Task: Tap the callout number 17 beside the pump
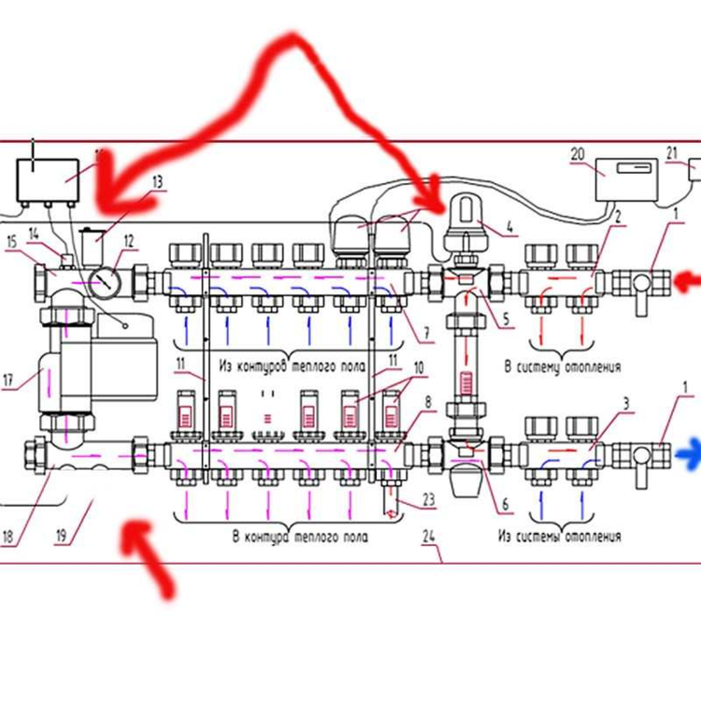pyautogui.click(x=9, y=380)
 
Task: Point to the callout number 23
pyautogui.click(x=428, y=500)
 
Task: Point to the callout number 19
pyautogui.click(x=62, y=536)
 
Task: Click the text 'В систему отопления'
pyautogui.click(x=563, y=367)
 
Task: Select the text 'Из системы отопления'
pyautogui.click(x=559, y=537)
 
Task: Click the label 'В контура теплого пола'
pyautogui.click(x=299, y=537)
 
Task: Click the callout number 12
pyautogui.click(x=129, y=240)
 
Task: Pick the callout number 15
pyautogui.click(x=11, y=242)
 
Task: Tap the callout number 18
pyautogui.click(x=8, y=536)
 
